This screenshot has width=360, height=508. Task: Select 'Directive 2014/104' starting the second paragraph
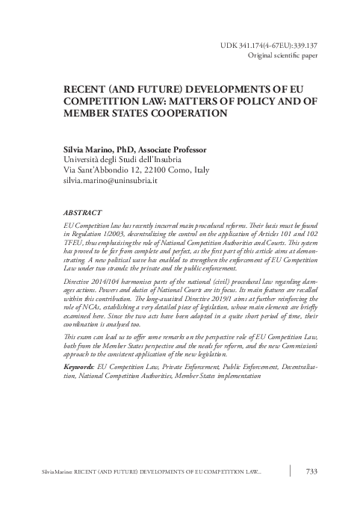click(x=97, y=298)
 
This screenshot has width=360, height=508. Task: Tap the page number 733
click(x=314, y=471)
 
